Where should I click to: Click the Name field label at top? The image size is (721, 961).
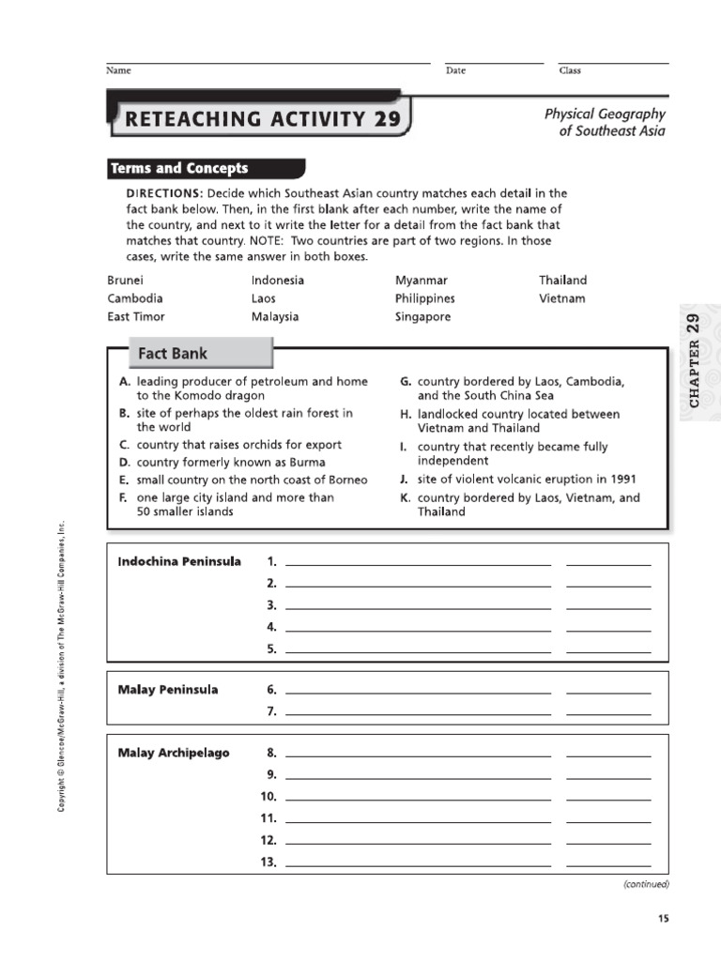(x=118, y=71)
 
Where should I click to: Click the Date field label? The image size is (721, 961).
(x=455, y=71)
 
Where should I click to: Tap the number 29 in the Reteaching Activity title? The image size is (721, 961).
(x=387, y=119)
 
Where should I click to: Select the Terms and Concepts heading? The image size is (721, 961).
(x=179, y=169)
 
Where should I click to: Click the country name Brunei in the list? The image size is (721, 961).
(x=126, y=281)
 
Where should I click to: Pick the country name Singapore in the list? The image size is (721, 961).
(x=422, y=317)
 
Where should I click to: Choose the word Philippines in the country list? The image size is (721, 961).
(x=424, y=298)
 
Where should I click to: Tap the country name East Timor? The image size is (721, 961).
(x=136, y=317)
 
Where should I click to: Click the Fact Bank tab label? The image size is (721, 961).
(x=173, y=354)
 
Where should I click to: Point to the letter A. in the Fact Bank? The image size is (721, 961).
(x=124, y=383)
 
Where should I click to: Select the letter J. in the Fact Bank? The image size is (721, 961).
(x=403, y=480)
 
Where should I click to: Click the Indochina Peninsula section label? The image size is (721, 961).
(x=179, y=562)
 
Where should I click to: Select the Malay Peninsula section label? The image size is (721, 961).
(x=168, y=690)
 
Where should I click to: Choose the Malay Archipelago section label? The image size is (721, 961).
(x=174, y=754)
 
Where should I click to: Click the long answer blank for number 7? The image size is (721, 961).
(x=418, y=713)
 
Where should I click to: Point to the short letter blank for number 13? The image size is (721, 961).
(x=608, y=863)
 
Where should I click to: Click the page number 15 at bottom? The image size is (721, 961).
(x=664, y=919)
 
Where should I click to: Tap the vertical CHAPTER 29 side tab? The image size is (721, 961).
(x=695, y=360)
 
